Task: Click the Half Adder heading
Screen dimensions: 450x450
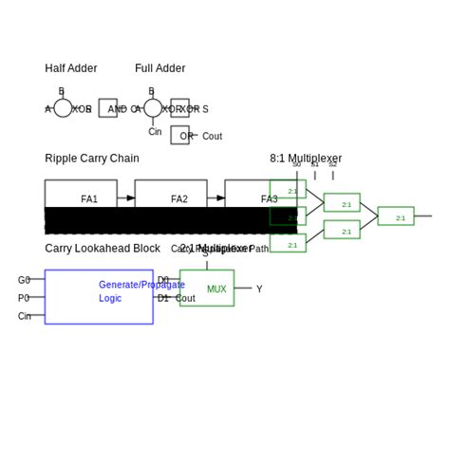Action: point(70,68)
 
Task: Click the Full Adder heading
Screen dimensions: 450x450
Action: point(159,68)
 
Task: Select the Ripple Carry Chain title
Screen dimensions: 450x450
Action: point(91,159)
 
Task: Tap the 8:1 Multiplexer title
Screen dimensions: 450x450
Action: point(306,159)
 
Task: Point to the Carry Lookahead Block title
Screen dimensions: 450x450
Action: point(103,249)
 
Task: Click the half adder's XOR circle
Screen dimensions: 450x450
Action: point(63,108)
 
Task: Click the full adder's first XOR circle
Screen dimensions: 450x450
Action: point(153,108)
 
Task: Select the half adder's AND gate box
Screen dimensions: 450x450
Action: point(108,108)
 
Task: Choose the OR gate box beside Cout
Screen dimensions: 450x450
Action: point(179,135)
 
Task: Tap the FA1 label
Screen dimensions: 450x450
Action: point(89,199)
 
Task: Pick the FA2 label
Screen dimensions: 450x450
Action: point(179,199)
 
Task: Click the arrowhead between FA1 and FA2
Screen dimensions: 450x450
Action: point(130,198)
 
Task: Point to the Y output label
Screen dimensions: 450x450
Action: point(259,289)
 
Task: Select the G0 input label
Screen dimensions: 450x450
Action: point(24,280)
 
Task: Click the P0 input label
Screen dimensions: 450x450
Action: point(24,298)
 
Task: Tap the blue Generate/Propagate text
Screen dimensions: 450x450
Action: point(141,285)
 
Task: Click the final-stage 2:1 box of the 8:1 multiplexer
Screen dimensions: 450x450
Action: point(396,216)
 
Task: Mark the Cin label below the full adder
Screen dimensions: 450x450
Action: point(155,132)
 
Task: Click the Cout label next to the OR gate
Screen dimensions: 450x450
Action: point(212,137)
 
